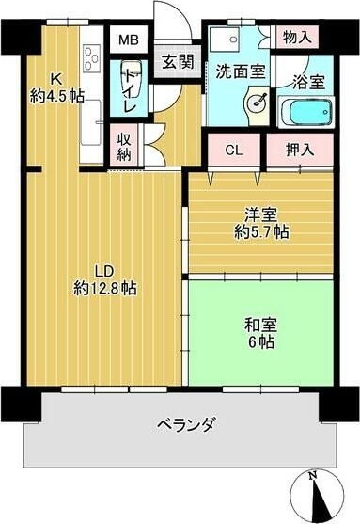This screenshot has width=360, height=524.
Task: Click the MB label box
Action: pyautogui.click(x=125, y=41)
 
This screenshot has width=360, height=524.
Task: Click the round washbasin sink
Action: pyautogui.click(x=255, y=103)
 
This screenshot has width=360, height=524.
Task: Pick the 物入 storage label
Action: pyautogui.click(x=298, y=37)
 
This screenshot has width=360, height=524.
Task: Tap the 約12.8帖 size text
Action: pyautogui.click(x=104, y=288)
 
